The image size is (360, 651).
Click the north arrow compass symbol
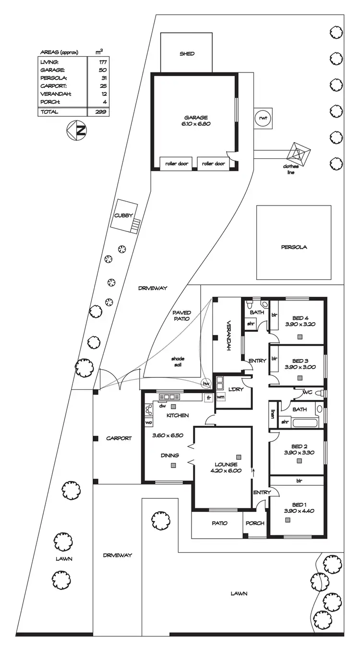click(78, 131)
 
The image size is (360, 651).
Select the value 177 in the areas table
click(102, 62)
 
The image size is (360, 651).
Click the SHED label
click(187, 54)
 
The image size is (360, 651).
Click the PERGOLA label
click(294, 248)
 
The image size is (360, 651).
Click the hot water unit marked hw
click(206, 383)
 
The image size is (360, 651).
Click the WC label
click(307, 392)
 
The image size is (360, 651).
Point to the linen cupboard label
click(273, 413)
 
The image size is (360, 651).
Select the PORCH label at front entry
click(255, 523)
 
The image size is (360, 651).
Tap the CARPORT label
click(119, 438)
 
